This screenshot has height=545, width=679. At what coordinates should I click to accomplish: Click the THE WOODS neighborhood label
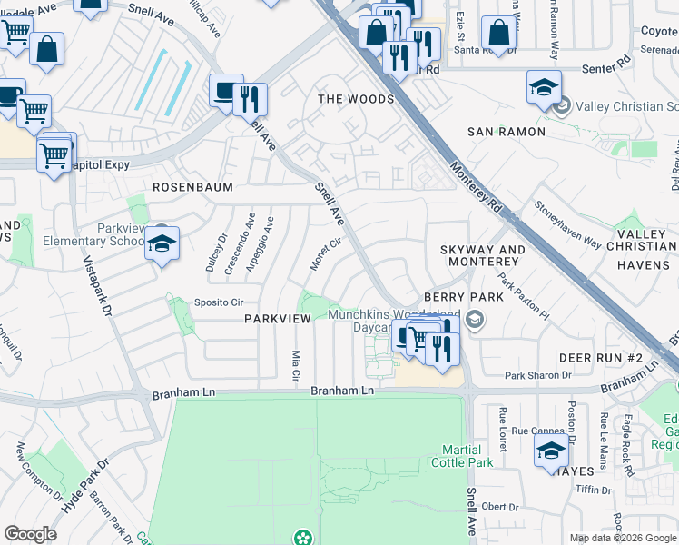(356, 98)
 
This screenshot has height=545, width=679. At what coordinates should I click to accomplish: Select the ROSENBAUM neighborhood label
(192, 187)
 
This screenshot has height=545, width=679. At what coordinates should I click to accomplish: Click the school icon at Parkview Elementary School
(162, 243)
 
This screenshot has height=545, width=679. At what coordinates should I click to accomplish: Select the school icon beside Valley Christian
(544, 87)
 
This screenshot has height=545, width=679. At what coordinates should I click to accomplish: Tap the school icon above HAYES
(551, 450)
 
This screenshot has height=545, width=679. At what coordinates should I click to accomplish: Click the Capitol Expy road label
(96, 164)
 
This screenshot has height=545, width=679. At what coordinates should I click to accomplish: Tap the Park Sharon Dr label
(538, 374)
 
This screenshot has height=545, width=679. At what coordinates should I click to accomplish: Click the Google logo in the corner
(30, 533)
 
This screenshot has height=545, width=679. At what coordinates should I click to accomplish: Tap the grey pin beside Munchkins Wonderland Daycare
(472, 318)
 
